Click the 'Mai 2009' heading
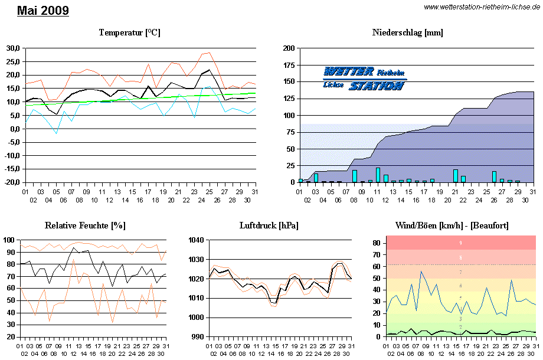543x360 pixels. click(x=43, y=11)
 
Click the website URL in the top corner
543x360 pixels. click(x=482, y=6)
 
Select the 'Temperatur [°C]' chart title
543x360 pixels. click(x=129, y=32)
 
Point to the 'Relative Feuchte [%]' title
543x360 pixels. click(x=85, y=225)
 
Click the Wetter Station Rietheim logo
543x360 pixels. click(x=364, y=78)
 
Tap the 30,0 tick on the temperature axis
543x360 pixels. click(x=12, y=48)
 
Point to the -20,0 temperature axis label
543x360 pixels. click(x=11, y=183)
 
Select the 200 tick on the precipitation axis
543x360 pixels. click(x=289, y=48)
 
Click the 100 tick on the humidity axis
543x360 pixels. click(x=10, y=240)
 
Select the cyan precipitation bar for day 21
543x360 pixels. click(x=455, y=176)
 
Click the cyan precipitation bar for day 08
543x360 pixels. click(x=355, y=176)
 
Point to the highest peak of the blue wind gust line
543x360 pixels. click(x=421, y=271)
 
